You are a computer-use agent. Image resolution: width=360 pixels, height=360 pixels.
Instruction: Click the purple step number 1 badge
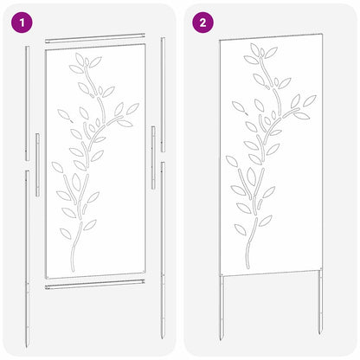(19, 22)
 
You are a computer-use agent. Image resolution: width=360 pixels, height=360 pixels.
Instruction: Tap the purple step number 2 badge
(202, 22)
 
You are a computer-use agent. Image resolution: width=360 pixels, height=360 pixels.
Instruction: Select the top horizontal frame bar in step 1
(94, 38)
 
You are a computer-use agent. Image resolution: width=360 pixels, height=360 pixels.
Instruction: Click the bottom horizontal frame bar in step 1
(94, 286)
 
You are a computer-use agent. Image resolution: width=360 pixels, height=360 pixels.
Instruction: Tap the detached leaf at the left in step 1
(61, 114)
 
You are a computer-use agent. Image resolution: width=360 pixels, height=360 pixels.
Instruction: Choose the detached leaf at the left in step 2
(238, 106)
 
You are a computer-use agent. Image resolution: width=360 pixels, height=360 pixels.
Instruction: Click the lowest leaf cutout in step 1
(66, 233)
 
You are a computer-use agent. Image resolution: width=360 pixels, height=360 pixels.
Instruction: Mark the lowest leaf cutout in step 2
(240, 229)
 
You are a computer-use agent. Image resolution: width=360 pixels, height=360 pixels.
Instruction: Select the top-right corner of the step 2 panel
(322, 35)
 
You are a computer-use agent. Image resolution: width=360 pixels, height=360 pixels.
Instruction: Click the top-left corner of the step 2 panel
(220, 41)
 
